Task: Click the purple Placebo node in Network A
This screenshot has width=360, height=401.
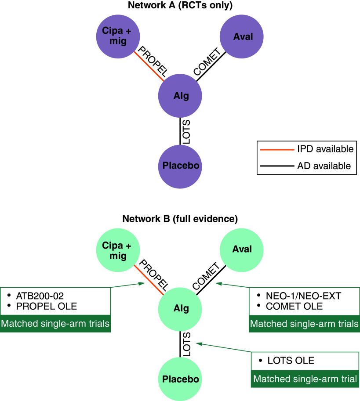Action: point(180,166)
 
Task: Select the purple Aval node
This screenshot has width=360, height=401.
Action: point(241,36)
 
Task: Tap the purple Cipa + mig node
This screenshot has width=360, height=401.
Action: point(118,36)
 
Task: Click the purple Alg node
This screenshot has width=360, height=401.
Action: point(180,96)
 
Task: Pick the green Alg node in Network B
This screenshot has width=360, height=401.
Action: point(180,309)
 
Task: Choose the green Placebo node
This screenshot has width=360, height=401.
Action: point(180,379)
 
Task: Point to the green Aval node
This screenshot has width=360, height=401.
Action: point(241,250)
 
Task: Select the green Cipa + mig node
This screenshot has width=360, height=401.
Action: point(118,250)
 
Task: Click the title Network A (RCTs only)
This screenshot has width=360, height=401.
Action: point(180,5)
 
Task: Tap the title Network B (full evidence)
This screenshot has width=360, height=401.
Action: point(180,219)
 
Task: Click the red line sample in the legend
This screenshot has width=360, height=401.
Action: point(277,149)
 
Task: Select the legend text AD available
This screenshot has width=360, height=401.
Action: point(324,166)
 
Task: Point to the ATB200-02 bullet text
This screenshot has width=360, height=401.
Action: point(40,296)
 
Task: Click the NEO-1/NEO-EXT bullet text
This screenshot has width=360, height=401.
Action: point(303,296)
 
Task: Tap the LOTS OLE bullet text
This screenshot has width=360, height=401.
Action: point(291,361)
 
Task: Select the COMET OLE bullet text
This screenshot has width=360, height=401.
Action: point(294,307)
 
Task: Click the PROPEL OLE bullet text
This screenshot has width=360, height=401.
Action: point(46,307)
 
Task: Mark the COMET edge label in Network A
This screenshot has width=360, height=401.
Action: point(207,61)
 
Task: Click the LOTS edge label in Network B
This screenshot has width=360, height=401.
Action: point(186,344)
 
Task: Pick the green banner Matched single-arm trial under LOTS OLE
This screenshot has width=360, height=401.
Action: point(305,379)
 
